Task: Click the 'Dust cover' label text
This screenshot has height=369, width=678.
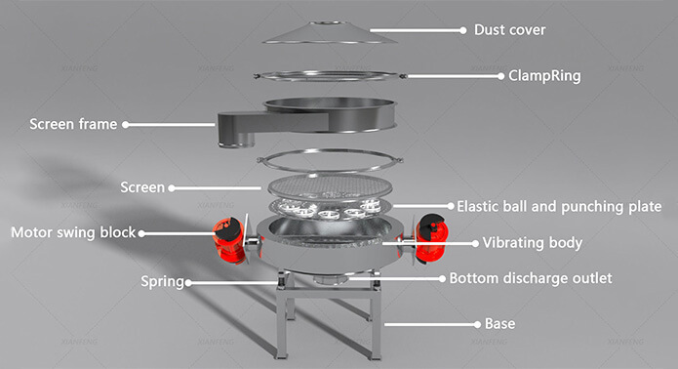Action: (509, 30)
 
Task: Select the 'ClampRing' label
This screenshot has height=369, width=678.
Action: (544, 76)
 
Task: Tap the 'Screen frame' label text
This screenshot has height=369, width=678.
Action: (73, 124)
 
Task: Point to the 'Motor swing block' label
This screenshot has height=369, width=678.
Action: (73, 232)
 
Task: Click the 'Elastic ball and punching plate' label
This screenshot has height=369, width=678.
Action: (559, 206)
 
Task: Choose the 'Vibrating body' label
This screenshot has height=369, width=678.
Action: (533, 243)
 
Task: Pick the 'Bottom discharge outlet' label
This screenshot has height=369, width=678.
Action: (531, 278)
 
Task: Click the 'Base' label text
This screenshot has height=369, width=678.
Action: (499, 323)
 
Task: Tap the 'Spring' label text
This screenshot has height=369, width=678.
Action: (162, 282)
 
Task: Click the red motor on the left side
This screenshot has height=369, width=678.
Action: (229, 240)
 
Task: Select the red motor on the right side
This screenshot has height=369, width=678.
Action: (430, 237)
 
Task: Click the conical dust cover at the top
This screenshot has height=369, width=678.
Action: (330, 33)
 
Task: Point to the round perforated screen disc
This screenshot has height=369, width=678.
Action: (330, 186)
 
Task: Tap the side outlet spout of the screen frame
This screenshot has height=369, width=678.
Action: (236, 130)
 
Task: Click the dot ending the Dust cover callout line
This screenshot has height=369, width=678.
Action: (463, 30)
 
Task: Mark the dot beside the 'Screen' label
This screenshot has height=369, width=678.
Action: (172, 188)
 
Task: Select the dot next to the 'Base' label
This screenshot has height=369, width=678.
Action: (477, 324)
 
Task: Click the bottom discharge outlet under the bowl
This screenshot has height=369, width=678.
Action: (331, 280)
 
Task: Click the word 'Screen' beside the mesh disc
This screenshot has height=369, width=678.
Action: (142, 187)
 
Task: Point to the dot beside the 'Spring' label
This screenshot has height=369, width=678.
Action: (188, 283)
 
